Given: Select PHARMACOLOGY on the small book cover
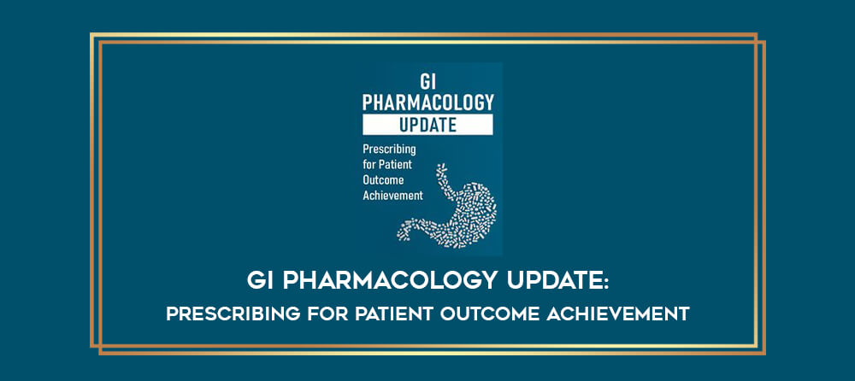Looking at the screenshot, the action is pos(428,103).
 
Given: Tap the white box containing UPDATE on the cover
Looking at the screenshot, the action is pos(428,125).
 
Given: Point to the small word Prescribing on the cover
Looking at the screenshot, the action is pos(389,149).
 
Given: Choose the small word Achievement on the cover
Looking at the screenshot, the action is pos(393,195).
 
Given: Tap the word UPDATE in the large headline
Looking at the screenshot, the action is pos(551,282).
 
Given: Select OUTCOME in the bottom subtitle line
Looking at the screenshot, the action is pos(488,314).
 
